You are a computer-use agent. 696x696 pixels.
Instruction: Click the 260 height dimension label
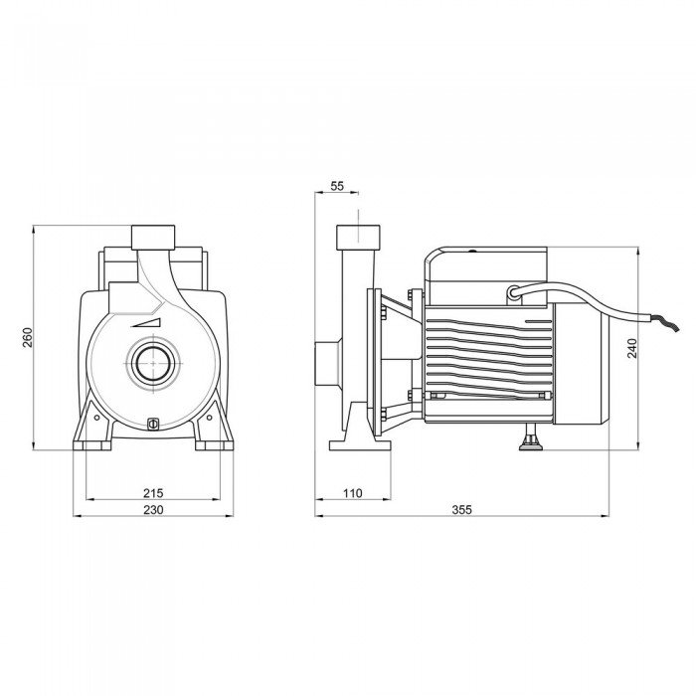[28, 337]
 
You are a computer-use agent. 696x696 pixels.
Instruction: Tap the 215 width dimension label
[153, 493]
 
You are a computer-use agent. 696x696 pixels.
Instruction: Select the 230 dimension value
[153, 509]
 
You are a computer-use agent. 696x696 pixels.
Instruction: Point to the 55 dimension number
[337, 186]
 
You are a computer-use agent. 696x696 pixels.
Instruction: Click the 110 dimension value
[352, 493]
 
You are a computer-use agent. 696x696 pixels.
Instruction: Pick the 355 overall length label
[461, 509]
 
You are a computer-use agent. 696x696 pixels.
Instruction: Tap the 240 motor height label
[632, 348]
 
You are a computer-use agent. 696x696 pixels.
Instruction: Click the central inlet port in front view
[153, 363]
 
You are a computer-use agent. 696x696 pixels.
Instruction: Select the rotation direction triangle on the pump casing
[145, 323]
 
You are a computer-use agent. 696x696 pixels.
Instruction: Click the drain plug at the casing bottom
[153, 424]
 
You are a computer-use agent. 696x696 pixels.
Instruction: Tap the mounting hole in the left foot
[96, 418]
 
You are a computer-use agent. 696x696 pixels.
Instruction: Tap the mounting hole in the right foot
[210, 418]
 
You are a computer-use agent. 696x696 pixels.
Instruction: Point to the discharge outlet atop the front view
[153, 237]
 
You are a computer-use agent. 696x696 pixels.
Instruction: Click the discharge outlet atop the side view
[358, 237]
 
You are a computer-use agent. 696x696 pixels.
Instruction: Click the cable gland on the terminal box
[514, 293]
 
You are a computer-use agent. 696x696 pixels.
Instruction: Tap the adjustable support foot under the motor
[531, 437]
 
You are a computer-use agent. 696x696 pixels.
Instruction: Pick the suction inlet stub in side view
[328, 363]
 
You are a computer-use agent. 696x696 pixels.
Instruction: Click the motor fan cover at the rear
[581, 365]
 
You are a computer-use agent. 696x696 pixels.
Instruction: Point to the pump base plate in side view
[360, 445]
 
